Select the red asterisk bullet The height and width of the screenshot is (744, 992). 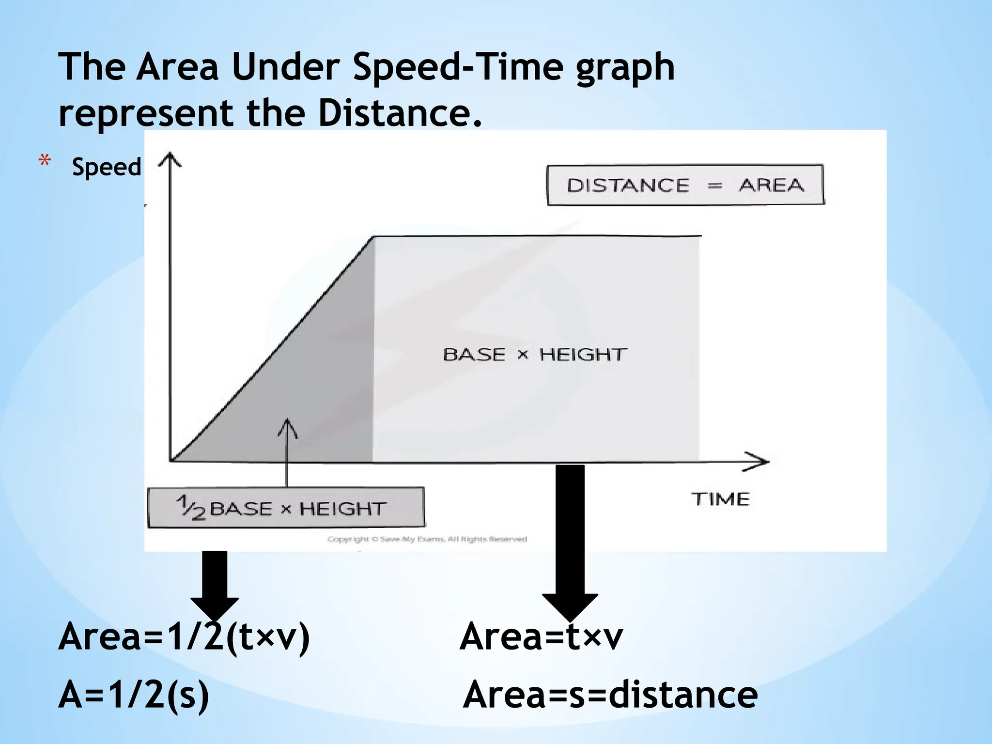(x=45, y=161)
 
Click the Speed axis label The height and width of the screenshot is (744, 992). (x=107, y=167)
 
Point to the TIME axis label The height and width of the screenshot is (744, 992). (x=720, y=499)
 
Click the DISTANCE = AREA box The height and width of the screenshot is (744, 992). (x=685, y=185)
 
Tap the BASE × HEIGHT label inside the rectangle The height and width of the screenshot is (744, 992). (x=535, y=355)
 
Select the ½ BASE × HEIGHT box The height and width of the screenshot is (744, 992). (x=286, y=508)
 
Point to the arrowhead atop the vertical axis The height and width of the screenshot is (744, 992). (x=170, y=159)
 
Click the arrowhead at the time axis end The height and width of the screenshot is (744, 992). (x=758, y=462)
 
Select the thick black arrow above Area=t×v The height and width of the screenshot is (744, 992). (x=570, y=542)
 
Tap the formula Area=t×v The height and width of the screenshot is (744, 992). (x=541, y=636)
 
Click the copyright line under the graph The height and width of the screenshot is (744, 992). (x=427, y=539)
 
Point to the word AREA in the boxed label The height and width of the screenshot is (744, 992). (x=771, y=185)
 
